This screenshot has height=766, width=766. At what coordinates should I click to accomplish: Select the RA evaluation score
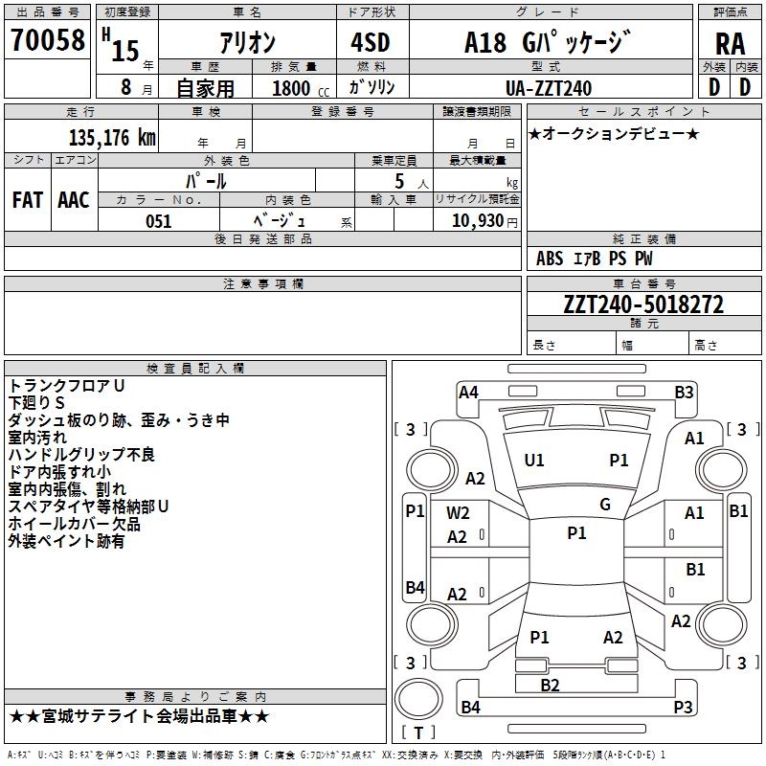tap(730, 43)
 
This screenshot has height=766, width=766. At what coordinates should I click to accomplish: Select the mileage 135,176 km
tap(112, 138)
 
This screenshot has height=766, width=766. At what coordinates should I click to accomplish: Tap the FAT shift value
tap(28, 200)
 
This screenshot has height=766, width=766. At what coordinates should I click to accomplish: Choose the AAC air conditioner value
tap(74, 200)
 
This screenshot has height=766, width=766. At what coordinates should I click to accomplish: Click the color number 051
tap(158, 221)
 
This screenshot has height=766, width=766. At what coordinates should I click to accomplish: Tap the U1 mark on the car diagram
tap(534, 461)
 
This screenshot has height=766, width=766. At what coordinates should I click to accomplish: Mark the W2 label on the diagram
tap(458, 512)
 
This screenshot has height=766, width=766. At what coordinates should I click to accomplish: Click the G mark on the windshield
tap(604, 505)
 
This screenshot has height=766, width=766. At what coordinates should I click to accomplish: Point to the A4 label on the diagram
tap(468, 392)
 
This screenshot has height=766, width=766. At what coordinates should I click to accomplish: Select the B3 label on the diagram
tap(684, 392)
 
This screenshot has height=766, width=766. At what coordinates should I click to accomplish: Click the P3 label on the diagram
tap(683, 708)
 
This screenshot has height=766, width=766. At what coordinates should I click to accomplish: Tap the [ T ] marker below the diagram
tap(418, 733)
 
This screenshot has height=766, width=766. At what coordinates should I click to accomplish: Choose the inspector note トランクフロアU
tap(66, 386)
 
